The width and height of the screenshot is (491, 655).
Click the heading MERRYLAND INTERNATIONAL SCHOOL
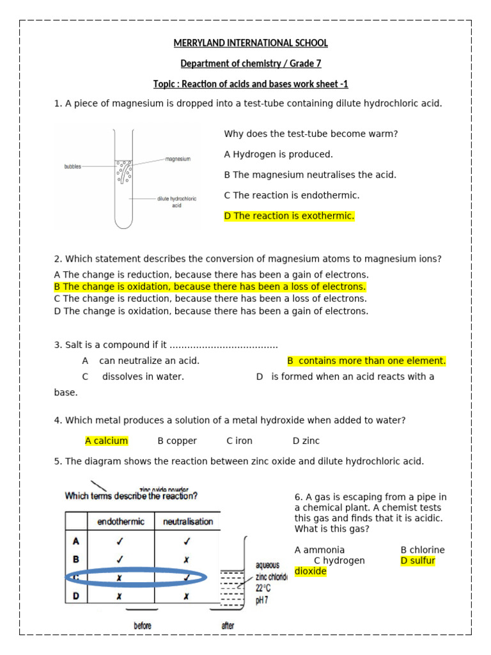click(x=251, y=43)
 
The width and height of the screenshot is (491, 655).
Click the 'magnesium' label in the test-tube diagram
click(x=178, y=159)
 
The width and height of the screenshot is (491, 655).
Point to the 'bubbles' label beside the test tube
click(x=72, y=166)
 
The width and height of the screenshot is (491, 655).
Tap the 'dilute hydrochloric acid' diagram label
click(x=177, y=202)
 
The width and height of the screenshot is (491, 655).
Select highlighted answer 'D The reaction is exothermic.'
click(x=288, y=216)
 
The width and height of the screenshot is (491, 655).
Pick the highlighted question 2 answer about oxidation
click(x=210, y=287)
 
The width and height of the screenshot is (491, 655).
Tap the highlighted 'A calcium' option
click(x=107, y=441)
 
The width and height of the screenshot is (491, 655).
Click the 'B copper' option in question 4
click(x=177, y=441)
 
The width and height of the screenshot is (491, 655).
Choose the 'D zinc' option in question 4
click(x=306, y=441)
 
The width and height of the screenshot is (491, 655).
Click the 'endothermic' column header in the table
click(x=121, y=521)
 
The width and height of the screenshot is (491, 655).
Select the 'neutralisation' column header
click(x=188, y=521)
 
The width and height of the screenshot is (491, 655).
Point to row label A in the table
click(x=76, y=541)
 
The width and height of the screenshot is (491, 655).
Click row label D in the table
click(x=76, y=596)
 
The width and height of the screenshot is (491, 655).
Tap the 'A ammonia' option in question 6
click(x=320, y=550)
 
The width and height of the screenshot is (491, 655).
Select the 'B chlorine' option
click(x=422, y=550)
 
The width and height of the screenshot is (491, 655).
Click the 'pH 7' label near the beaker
click(x=263, y=601)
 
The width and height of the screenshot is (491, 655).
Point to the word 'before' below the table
click(x=143, y=626)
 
